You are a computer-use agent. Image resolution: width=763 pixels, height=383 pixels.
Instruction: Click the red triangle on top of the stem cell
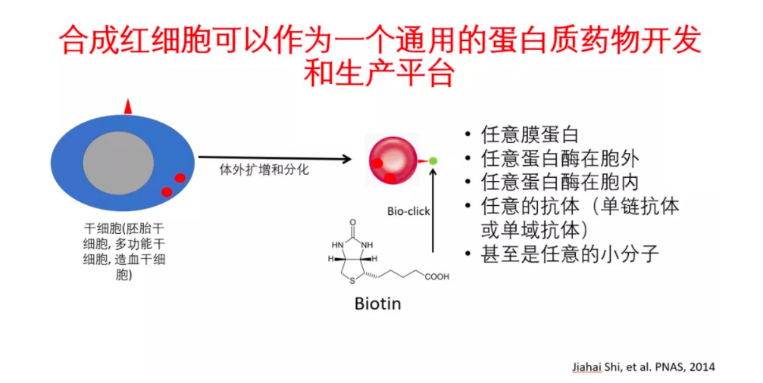coord(128,107)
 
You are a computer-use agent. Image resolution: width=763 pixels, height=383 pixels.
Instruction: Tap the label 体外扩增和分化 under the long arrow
coord(264,170)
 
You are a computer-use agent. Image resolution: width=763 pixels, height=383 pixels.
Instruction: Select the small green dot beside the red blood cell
coord(433,160)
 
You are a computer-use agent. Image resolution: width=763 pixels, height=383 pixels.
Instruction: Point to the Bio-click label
coord(408,211)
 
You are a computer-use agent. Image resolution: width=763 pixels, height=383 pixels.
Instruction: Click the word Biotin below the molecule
coord(377,304)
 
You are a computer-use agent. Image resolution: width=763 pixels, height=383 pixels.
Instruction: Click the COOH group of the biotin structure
coord(437,277)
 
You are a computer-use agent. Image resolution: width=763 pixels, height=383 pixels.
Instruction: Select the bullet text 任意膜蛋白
coord(530,135)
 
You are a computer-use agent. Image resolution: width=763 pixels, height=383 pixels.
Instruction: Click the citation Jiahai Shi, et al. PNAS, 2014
coord(643,367)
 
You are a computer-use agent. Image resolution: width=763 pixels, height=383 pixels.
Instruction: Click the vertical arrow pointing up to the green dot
coord(433,212)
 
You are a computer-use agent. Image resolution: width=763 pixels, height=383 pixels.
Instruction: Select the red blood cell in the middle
coord(392,160)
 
